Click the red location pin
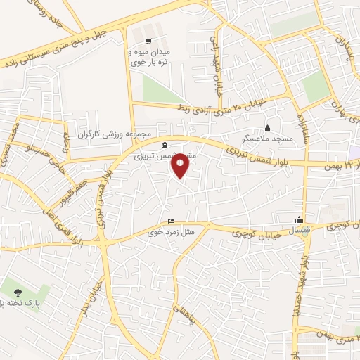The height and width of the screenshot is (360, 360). [181, 165]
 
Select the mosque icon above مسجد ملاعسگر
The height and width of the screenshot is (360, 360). [266, 128]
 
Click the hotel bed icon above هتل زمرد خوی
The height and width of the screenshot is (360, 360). [169, 220]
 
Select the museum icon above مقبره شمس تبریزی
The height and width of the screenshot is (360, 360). [165, 145]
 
